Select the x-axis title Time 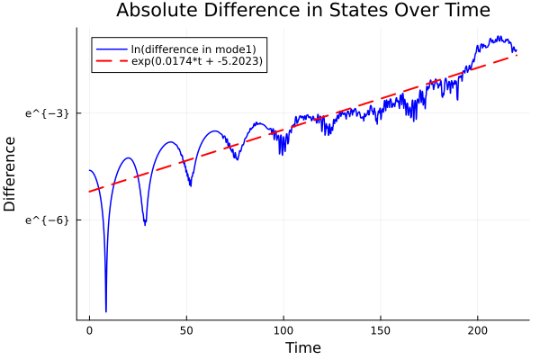tap(302, 347)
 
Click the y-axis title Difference tap(11, 174)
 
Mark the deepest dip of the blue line tap(106, 311)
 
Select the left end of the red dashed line tap(89, 192)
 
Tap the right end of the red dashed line tap(517, 56)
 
